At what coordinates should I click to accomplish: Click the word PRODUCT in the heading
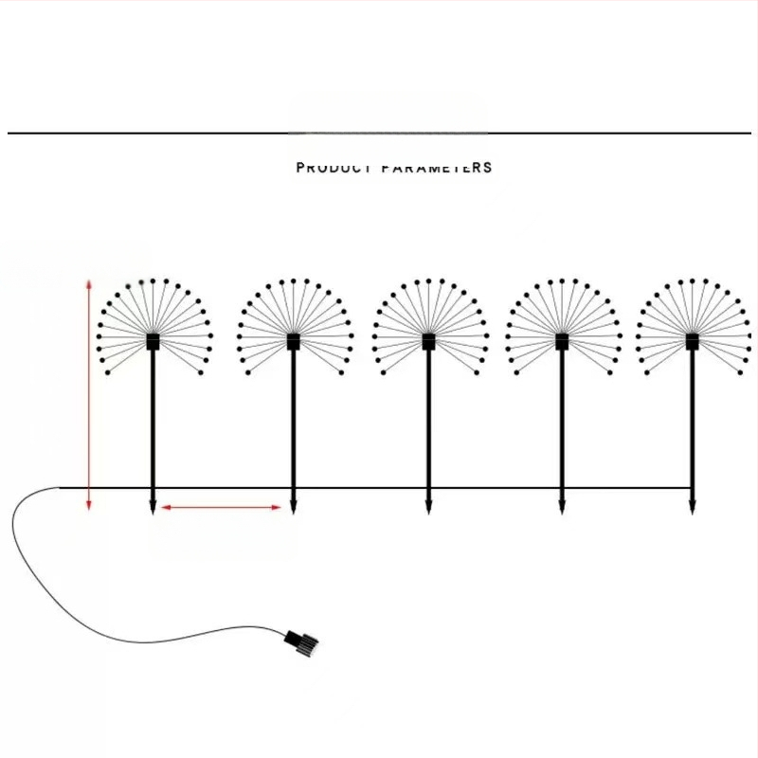tap(334, 168)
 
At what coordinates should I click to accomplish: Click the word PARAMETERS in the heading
tap(437, 168)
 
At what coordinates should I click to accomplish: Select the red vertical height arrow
tap(88, 393)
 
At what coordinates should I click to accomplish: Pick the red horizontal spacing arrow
tap(221, 508)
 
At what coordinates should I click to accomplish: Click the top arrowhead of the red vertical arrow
tap(88, 283)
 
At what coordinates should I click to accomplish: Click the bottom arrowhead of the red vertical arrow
tap(88, 505)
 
